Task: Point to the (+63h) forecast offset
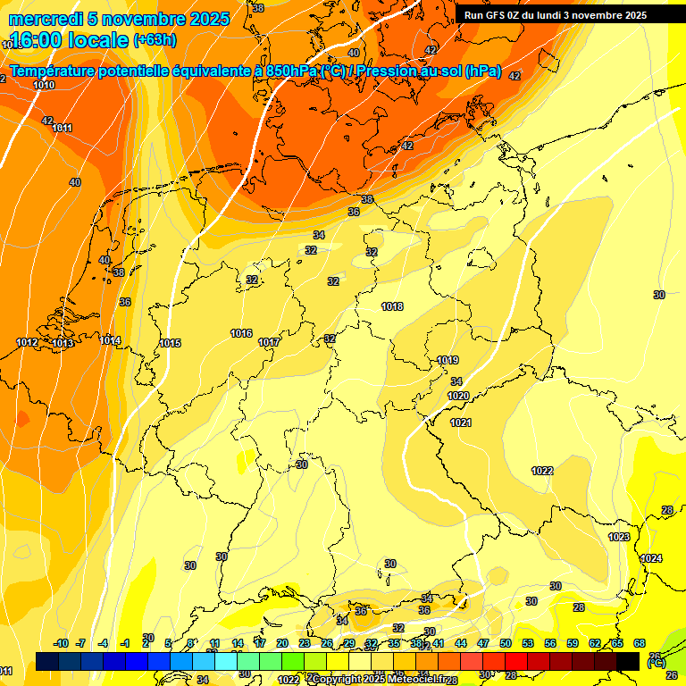tap(155, 40)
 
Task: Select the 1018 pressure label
tap(392, 306)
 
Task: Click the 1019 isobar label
tap(448, 360)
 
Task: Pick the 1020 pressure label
tap(458, 396)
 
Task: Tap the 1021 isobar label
tap(461, 422)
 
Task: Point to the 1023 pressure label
tap(619, 537)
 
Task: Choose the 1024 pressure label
tap(652, 558)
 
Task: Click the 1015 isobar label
tap(170, 343)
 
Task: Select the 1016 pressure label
tap(241, 333)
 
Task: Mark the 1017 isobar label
tap(269, 342)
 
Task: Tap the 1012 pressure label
tap(27, 342)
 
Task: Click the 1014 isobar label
tap(110, 340)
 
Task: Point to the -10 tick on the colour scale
tap(61, 643)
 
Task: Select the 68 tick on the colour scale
tap(640, 643)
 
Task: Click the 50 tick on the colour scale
tap(506, 643)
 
